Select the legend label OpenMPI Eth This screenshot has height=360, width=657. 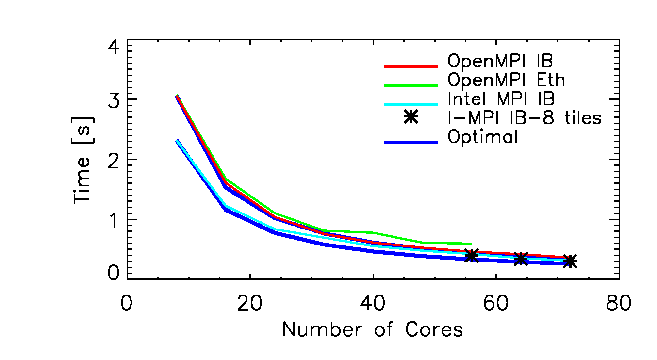pos(506,80)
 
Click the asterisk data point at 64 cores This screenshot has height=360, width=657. pos(521,259)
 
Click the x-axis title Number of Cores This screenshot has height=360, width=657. pos(373,330)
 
